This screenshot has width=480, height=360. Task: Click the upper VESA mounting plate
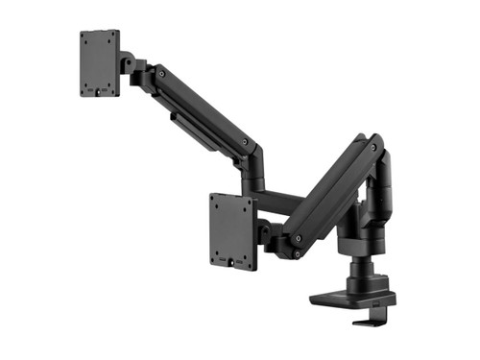(x=100, y=62)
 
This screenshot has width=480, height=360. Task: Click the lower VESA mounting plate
(x=232, y=230)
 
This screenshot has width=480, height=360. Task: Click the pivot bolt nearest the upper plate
(x=159, y=72)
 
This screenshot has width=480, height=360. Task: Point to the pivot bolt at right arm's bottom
(x=299, y=236)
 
